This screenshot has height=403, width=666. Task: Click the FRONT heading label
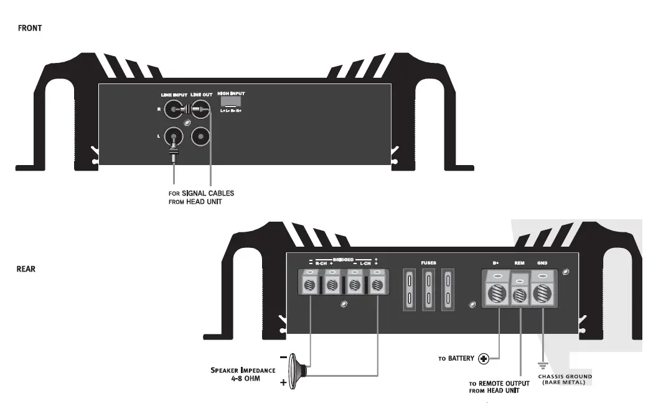click(x=30, y=28)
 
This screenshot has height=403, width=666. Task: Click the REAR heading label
click(x=27, y=269)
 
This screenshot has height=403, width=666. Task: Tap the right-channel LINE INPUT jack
click(x=174, y=110)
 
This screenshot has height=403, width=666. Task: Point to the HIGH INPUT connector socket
click(x=230, y=102)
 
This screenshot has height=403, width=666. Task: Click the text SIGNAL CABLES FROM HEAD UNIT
click(x=201, y=197)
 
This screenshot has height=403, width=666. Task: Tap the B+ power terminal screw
click(x=497, y=293)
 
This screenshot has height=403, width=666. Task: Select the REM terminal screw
click(x=519, y=295)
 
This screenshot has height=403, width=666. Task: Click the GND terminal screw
click(x=542, y=293)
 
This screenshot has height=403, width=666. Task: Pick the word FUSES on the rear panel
click(x=428, y=263)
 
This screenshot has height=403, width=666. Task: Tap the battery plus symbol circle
click(x=483, y=359)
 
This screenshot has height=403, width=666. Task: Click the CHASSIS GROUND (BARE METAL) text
click(x=565, y=379)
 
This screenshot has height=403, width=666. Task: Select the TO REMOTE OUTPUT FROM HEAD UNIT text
click(x=499, y=387)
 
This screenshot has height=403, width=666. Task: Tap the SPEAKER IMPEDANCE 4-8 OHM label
click(x=243, y=374)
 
